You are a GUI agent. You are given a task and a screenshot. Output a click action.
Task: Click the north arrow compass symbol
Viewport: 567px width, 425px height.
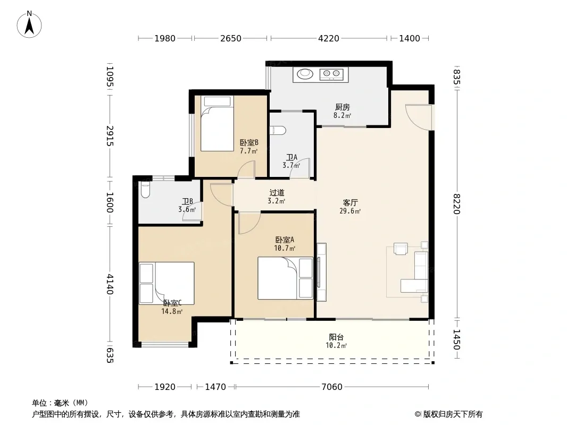pyautogui.click(x=29, y=24)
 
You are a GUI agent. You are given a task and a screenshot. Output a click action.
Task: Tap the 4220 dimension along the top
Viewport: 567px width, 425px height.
pyautogui.click(x=328, y=38)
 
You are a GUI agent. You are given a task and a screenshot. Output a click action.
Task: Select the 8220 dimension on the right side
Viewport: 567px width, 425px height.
pyautogui.click(x=457, y=204)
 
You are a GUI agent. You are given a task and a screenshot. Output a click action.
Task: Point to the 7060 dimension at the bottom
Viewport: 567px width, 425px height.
pyautogui.click(x=331, y=387)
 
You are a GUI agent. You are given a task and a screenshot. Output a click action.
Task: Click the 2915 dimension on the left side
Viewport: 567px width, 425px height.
pyautogui.click(x=110, y=136)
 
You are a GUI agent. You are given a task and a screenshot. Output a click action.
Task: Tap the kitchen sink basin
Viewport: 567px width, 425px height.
pyautogui.click(x=305, y=74)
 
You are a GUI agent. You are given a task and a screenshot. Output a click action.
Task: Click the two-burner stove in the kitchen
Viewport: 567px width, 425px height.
pyautogui.click(x=331, y=74)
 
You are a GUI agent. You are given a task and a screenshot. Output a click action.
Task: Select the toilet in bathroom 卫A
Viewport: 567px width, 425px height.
pyautogui.click(x=278, y=130)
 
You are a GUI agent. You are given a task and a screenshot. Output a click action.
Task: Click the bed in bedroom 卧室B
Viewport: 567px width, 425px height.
pyautogui.click(x=218, y=123)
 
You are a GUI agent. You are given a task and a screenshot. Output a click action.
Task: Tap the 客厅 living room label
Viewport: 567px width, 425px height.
pyautogui.click(x=350, y=202)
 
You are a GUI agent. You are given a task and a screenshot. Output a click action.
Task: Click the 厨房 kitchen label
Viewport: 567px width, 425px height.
pyautogui.click(x=342, y=107)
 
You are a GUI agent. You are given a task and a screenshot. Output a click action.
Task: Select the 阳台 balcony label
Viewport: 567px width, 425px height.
pyautogui.click(x=336, y=337)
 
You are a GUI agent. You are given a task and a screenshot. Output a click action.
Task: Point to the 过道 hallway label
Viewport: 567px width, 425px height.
pyautogui.click(x=277, y=193)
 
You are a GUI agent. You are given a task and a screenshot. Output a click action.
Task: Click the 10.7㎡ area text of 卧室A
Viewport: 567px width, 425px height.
pyautogui.click(x=285, y=248)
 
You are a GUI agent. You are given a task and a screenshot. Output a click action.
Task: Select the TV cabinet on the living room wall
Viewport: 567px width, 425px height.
pyautogui.click(x=321, y=272)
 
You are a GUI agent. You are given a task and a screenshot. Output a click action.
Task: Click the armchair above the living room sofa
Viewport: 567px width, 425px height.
pyautogui.click(x=401, y=249)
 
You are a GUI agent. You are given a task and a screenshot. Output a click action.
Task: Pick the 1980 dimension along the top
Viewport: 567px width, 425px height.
pyautogui.click(x=165, y=38)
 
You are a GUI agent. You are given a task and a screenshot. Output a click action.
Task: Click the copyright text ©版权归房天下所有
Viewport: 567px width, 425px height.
pyautogui.click(x=448, y=414)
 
